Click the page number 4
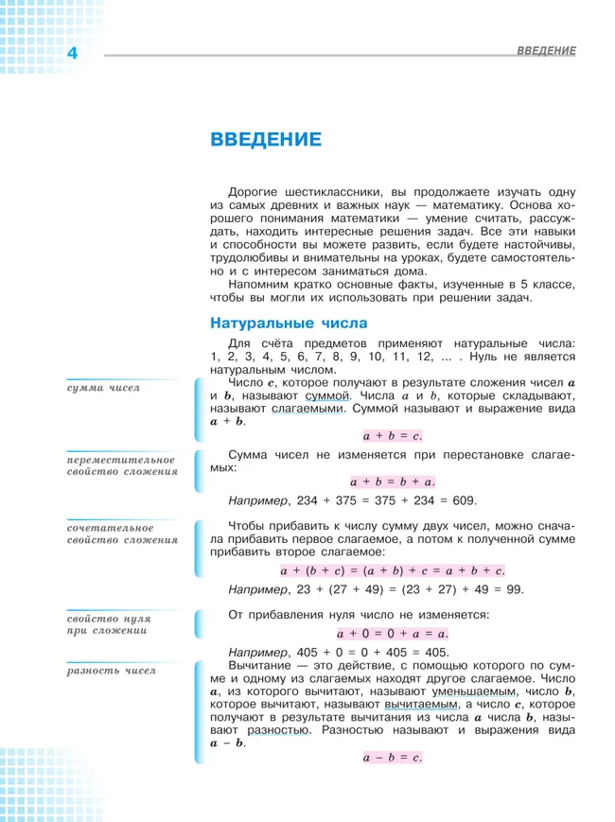pyautogui.click(x=72, y=55)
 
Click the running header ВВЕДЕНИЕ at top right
pyautogui.click(x=546, y=49)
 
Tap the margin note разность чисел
pyautogui.click(x=111, y=671)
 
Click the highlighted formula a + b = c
pyautogui.click(x=391, y=435)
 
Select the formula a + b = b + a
pyautogui.click(x=392, y=481)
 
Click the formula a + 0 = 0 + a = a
pyautogui.click(x=392, y=633)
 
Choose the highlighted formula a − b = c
pyautogui.click(x=391, y=757)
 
